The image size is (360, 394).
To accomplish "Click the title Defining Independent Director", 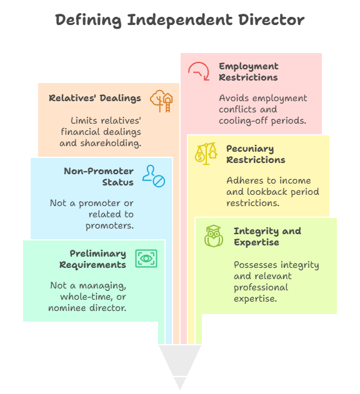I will [180, 20].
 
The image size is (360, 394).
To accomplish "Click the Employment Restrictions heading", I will [248, 72].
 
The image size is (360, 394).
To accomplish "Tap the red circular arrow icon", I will [198, 71].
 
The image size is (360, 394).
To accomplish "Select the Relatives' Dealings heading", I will [95, 98].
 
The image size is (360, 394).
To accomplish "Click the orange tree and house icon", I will [161, 101].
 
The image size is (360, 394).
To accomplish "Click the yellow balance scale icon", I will [206, 154].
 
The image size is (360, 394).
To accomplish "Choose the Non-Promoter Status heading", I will [98, 177].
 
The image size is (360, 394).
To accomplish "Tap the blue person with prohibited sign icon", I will [153, 176].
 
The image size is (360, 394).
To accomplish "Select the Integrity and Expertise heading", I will [267, 236].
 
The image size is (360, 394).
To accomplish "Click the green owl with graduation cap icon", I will [214, 236].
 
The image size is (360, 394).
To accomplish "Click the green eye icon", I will [146, 259].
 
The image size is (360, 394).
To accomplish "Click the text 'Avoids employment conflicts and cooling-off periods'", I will [262, 109].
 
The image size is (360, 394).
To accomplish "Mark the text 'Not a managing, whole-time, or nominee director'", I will [88, 297].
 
